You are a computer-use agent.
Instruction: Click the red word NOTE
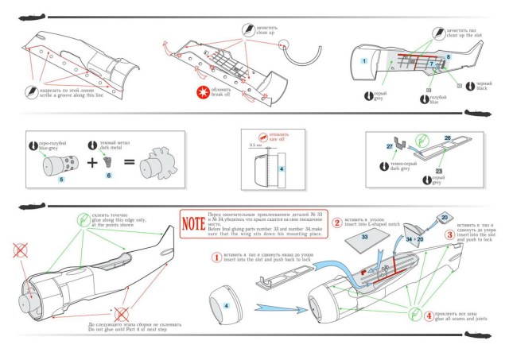click(193, 223)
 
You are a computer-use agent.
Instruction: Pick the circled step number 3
click(449, 234)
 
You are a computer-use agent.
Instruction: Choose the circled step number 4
click(429, 315)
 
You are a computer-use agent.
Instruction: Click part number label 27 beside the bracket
click(390, 147)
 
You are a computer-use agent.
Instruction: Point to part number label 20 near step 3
click(445, 218)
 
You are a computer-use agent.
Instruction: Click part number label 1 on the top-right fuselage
click(363, 60)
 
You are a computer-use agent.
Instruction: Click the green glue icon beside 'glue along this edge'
click(82, 220)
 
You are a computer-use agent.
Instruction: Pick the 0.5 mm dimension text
click(254, 145)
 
